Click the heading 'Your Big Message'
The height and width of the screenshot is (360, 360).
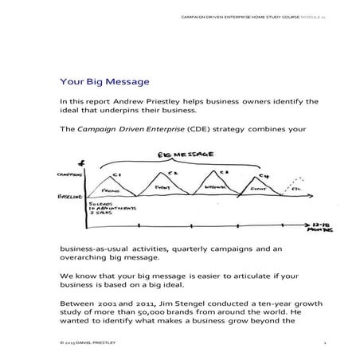pos(104,80)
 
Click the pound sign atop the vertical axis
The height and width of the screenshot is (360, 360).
pos(84,163)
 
